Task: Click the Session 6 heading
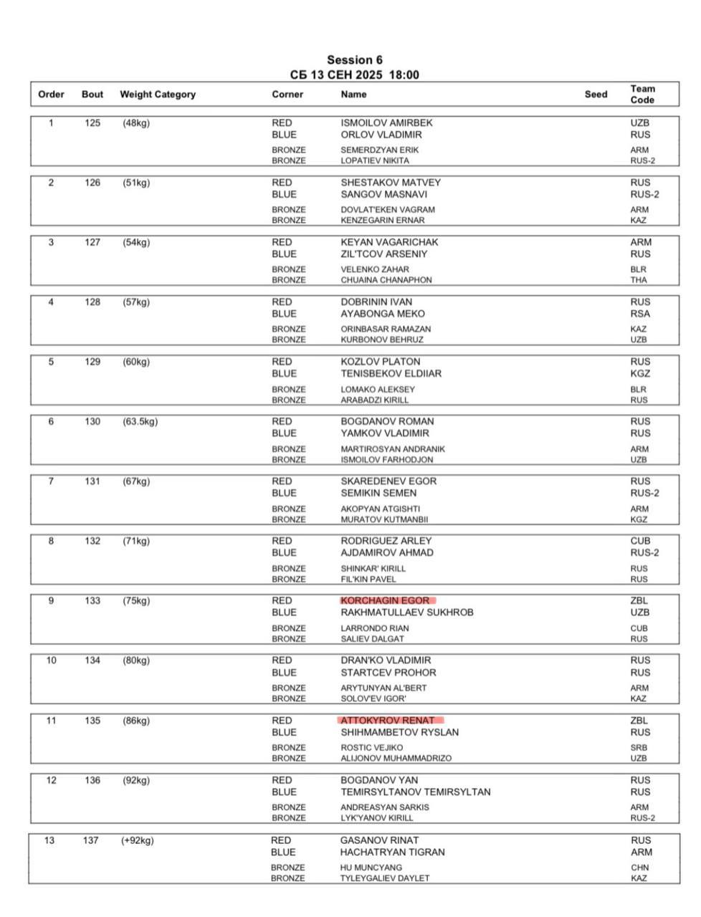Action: pyautogui.click(x=354, y=60)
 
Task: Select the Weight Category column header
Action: pyautogui.click(x=157, y=94)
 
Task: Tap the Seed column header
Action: pyautogui.click(x=595, y=94)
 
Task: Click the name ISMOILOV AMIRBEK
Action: pyautogui.click(x=386, y=123)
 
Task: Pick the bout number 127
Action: pyautogui.click(x=92, y=242)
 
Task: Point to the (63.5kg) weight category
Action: pyautogui.click(x=140, y=421)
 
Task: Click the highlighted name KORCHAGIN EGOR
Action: pyautogui.click(x=385, y=600)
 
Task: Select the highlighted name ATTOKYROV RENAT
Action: pyautogui.click(x=387, y=720)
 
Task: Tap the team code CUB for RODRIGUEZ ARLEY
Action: pyautogui.click(x=640, y=541)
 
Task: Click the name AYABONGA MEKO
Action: pyautogui.click(x=382, y=314)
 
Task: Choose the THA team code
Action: pyautogui.click(x=638, y=280)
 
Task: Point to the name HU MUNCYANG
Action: pyautogui.click(x=371, y=868)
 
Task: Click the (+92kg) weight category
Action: pyautogui.click(x=137, y=840)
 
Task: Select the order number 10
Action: pyautogui.click(x=51, y=660)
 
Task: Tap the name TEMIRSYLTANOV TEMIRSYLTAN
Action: pyautogui.click(x=415, y=792)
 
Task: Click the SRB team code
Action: pyautogui.click(x=639, y=747)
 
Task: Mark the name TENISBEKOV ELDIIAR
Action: pyautogui.click(x=391, y=373)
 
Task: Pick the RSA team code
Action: pyautogui.click(x=640, y=314)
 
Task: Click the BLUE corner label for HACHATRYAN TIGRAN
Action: pyautogui.click(x=282, y=852)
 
